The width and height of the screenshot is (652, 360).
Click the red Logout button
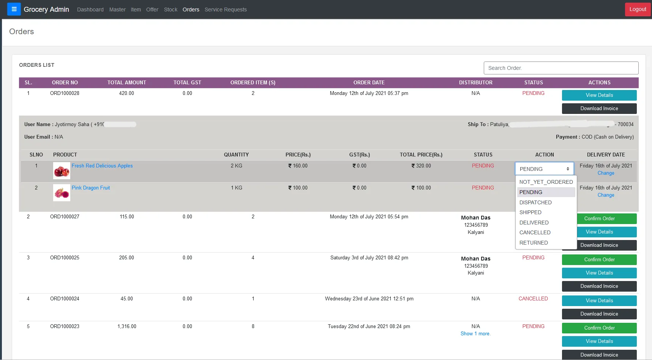[x=638, y=9]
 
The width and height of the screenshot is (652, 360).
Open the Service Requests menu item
[x=226, y=9]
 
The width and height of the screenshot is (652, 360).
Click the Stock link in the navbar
[x=170, y=9]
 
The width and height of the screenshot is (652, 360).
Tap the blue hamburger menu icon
[x=14, y=9]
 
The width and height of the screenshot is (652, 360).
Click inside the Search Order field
[x=560, y=68]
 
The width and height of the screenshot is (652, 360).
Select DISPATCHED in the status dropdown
[x=535, y=202]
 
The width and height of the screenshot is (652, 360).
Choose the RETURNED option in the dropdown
[x=534, y=243]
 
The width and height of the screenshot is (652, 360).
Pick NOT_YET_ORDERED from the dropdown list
[x=546, y=182]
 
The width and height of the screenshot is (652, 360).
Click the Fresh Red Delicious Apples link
[x=102, y=166]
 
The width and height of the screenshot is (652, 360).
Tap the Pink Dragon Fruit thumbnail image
[x=62, y=193]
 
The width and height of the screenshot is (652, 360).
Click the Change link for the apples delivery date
[x=606, y=173]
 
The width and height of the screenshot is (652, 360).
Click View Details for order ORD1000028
[x=599, y=95]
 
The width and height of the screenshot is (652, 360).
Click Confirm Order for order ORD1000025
[x=599, y=260]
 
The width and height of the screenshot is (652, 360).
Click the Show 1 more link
[x=475, y=334]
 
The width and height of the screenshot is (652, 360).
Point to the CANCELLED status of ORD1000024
[x=533, y=299]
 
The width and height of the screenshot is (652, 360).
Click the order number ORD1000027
[x=65, y=217]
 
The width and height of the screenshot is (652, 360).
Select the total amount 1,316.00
[x=127, y=327]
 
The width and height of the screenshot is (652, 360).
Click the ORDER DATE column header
[x=369, y=83]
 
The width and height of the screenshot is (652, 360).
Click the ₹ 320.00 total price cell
[x=421, y=166]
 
